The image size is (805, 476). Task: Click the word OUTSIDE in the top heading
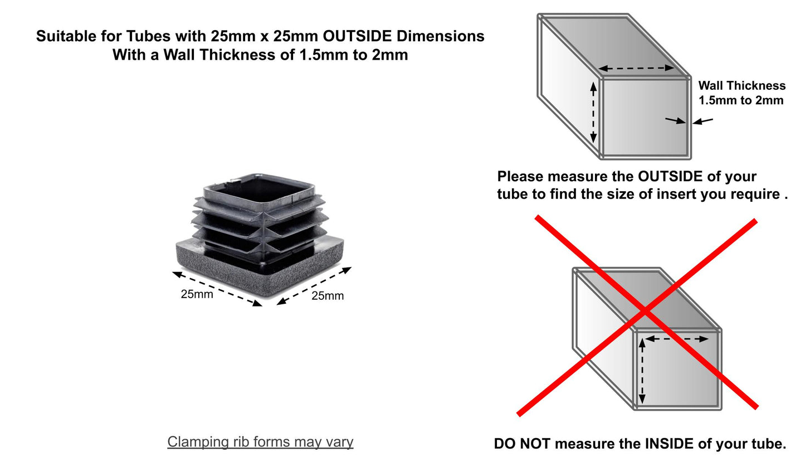click(357, 36)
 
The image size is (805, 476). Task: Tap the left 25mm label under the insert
click(197, 294)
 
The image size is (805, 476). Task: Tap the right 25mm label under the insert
click(328, 295)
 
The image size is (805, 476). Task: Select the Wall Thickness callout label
click(741, 93)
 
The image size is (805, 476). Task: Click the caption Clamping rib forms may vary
click(260, 442)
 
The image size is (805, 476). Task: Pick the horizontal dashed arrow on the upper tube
click(636, 68)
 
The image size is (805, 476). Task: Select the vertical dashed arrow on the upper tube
click(593, 113)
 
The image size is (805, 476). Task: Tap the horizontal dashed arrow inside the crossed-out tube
click(677, 339)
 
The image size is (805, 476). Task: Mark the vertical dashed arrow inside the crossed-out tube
click(642, 371)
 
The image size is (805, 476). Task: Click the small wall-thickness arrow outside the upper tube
click(702, 121)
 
